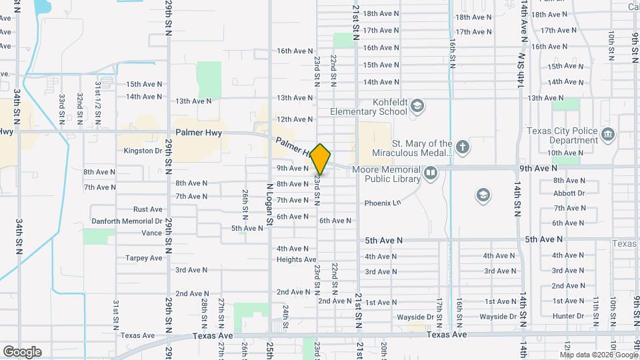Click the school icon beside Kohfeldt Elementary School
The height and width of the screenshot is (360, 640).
[417, 106]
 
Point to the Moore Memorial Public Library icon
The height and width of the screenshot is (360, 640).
[431, 174]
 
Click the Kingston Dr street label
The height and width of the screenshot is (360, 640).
[143, 151]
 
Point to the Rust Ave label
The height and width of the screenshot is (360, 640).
[147, 209]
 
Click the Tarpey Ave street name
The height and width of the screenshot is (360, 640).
[143, 258]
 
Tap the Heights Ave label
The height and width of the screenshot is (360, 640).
[296, 259]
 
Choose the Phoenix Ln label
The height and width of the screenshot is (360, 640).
[382, 203]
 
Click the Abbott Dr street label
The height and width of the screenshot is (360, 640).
[569, 193]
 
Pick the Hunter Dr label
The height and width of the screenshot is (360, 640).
[568, 316]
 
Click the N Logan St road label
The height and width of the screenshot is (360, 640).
[270, 206]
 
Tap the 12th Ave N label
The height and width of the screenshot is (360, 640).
[295, 119]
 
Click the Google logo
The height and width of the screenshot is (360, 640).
[22, 352]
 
